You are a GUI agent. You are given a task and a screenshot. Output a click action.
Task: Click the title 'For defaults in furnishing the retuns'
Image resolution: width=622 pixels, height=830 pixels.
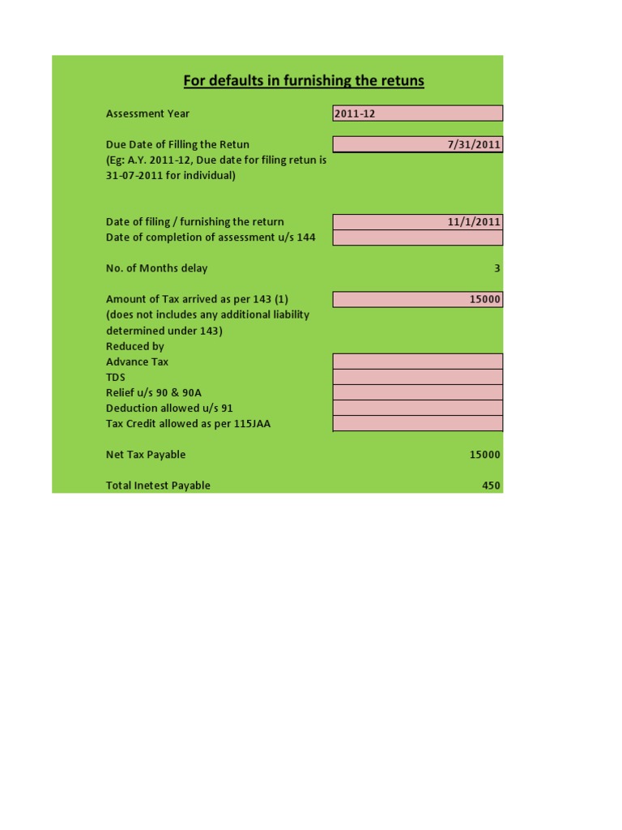pos(304,81)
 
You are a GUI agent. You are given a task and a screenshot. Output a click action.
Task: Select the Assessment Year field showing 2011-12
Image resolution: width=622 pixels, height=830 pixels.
pos(417,113)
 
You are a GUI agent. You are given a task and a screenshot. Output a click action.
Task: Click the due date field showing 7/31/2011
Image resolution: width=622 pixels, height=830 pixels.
pos(417,144)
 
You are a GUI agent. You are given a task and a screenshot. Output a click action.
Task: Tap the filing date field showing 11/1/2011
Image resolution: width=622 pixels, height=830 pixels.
pos(417,221)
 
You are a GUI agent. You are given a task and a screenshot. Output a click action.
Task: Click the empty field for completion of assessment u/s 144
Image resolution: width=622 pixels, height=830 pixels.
pos(417,237)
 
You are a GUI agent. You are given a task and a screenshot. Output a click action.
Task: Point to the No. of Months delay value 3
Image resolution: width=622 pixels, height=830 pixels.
pos(497,268)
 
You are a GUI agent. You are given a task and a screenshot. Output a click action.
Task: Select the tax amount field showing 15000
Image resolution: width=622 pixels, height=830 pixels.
pos(417,299)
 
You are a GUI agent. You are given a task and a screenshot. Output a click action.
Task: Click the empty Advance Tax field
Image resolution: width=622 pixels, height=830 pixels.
pos(417,362)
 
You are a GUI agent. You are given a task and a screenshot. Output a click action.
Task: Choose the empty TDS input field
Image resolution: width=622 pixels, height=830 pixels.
pos(417,377)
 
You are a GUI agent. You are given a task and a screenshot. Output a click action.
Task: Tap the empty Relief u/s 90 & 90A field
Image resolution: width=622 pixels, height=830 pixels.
pos(417,392)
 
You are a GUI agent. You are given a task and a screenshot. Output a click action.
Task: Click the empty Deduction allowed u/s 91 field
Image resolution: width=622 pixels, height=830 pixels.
pos(417,408)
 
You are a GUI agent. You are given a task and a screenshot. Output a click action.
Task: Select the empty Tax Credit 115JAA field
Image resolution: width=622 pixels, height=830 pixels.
pos(417,423)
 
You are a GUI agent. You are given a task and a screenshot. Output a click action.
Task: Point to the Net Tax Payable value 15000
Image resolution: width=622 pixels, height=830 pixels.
pos(484,455)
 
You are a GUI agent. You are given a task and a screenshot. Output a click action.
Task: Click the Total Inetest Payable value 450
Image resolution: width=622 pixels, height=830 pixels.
pos(491,486)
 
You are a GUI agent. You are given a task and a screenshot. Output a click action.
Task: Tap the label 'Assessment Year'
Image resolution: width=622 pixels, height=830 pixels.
pos(148,113)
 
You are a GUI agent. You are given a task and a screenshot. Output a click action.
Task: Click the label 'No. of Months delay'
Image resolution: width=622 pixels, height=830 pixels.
pos(157,268)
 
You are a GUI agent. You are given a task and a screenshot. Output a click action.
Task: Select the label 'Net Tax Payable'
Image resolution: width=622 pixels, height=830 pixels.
pos(146,455)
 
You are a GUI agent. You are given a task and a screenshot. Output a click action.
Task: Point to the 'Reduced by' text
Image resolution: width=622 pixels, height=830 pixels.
pos(135,346)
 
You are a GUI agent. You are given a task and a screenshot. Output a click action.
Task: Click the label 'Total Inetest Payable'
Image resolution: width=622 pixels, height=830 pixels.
pos(158,486)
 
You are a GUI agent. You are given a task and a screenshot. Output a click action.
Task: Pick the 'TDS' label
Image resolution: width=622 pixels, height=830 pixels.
pos(116,377)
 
